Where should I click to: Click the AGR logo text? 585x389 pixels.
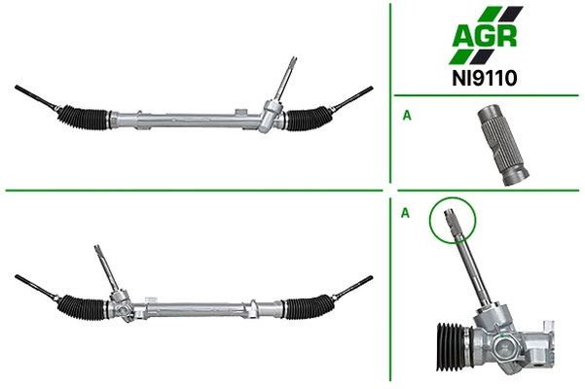click(x=485, y=35)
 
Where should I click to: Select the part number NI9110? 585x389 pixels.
click(x=485, y=78)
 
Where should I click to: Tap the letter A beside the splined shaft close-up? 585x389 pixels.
click(x=407, y=116)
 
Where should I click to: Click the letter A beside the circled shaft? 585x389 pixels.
click(x=405, y=213)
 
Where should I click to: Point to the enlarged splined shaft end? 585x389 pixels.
click(x=503, y=145)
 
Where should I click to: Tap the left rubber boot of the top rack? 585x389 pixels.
click(x=83, y=118)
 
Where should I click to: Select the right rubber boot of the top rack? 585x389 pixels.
click(x=309, y=119)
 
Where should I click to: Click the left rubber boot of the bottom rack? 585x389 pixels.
click(x=83, y=306)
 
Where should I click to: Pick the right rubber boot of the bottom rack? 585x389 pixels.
click(x=310, y=307)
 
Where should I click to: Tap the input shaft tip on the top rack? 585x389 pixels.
click(x=293, y=61)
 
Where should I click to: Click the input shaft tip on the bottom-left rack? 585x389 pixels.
click(x=98, y=249)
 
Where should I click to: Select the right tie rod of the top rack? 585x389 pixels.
click(x=352, y=98)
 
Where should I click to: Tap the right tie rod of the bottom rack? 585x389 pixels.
click(x=352, y=288)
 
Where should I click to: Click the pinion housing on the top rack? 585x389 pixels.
click(x=271, y=116)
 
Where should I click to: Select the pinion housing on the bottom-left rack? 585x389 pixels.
click(x=122, y=304)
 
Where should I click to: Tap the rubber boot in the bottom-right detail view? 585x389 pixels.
click(x=453, y=346)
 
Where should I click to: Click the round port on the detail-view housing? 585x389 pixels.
click(x=502, y=347)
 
